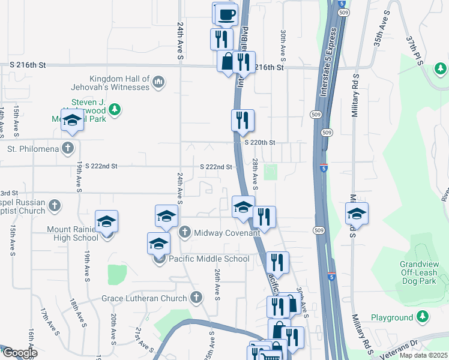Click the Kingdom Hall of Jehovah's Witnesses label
[119, 83]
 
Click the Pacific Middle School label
[208, 259]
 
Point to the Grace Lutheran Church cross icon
[195, 298]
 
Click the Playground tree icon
[423, 316]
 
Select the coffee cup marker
[226, 14]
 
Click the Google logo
[19, 353]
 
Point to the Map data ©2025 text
[424, 355]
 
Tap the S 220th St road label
[259, 143]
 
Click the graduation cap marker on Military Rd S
[357, 214]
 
